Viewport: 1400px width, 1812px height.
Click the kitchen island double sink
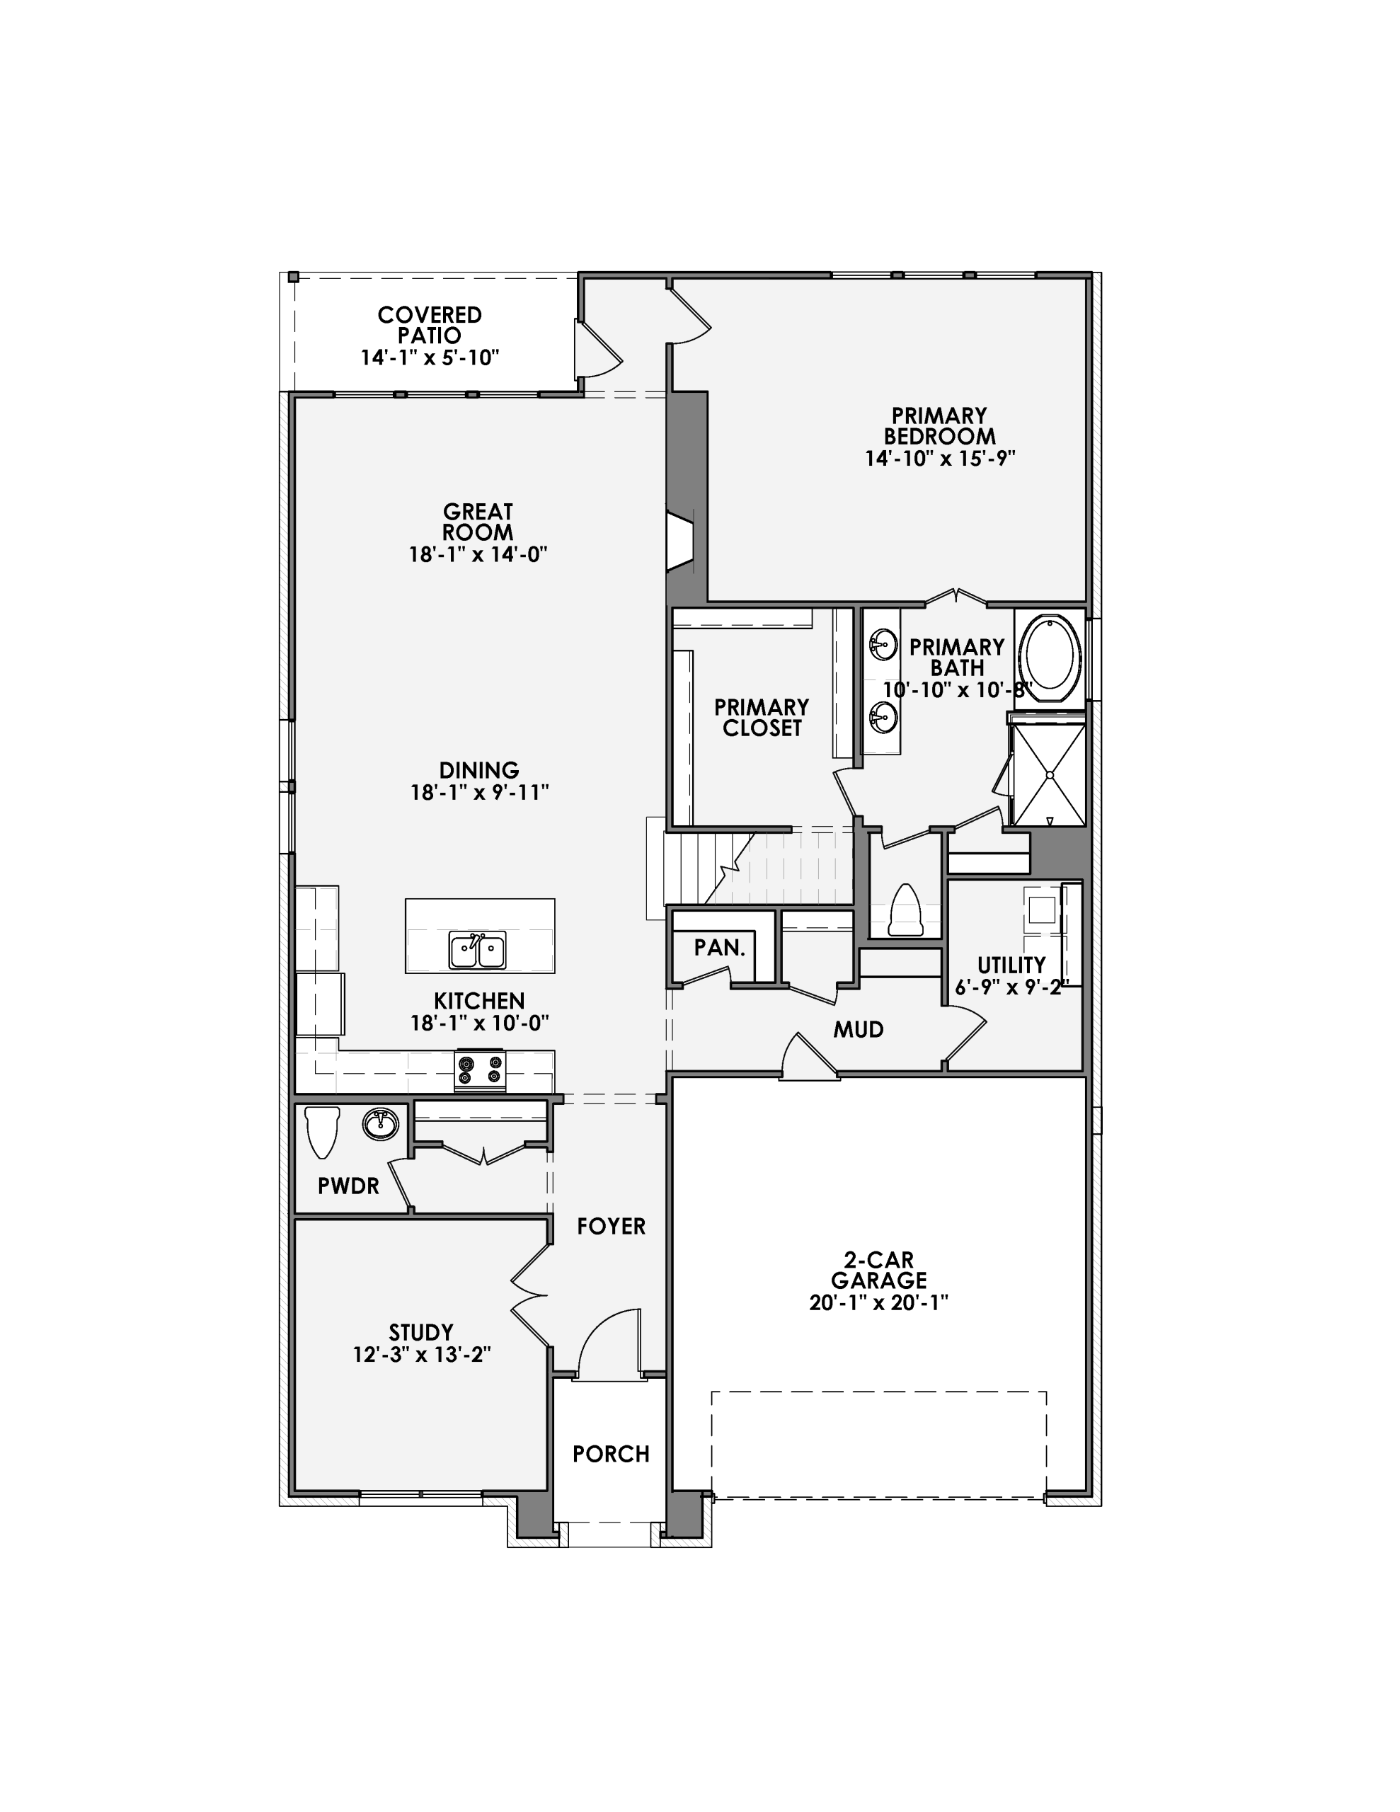[x=477, y=950]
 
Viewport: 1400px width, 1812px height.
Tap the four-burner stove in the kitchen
[x=481, y=1070]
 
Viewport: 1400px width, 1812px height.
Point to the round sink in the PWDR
[x=380, y=1124]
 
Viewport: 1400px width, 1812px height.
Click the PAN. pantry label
[x=720, y=948]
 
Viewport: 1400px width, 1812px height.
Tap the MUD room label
[x=858, y=1030]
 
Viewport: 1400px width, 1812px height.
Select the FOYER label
[x=611, y=1226]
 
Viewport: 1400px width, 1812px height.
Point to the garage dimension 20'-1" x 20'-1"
[x=878, y=1302]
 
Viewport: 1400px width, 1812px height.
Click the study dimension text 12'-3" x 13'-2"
[x=422, y=1355]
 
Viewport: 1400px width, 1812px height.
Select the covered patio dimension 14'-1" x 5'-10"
[x=429, y=357]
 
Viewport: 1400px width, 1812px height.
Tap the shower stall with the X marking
[x=1049, y=775]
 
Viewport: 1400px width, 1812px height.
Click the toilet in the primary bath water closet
[x=905, y=911]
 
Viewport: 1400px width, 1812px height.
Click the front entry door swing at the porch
[x=609, y=1343]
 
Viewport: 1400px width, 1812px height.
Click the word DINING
[x=479, y=770]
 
